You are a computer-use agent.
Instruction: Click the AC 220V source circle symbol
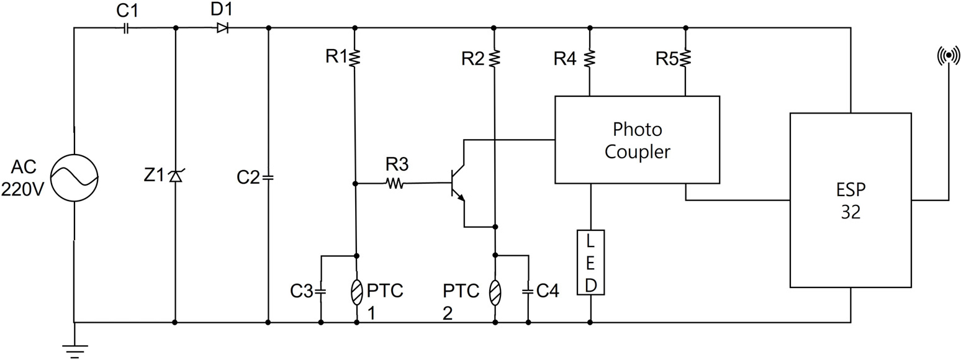74,178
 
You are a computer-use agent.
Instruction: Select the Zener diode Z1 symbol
175,176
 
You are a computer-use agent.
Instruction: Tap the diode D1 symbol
222,29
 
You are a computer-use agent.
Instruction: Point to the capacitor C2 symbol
268,178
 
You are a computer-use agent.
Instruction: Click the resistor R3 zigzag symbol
395,184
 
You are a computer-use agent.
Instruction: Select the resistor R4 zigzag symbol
590,58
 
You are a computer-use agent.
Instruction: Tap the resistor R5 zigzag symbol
685,58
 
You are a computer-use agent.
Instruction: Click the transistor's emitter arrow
460,197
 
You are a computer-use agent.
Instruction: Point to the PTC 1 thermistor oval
356,292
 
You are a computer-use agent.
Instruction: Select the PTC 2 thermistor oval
495,292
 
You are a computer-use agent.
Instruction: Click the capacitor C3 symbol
320,292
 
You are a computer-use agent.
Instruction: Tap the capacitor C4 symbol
528,292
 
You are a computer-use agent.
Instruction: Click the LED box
591,263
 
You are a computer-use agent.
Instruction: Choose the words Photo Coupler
638,140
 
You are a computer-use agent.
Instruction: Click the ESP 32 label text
850,200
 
